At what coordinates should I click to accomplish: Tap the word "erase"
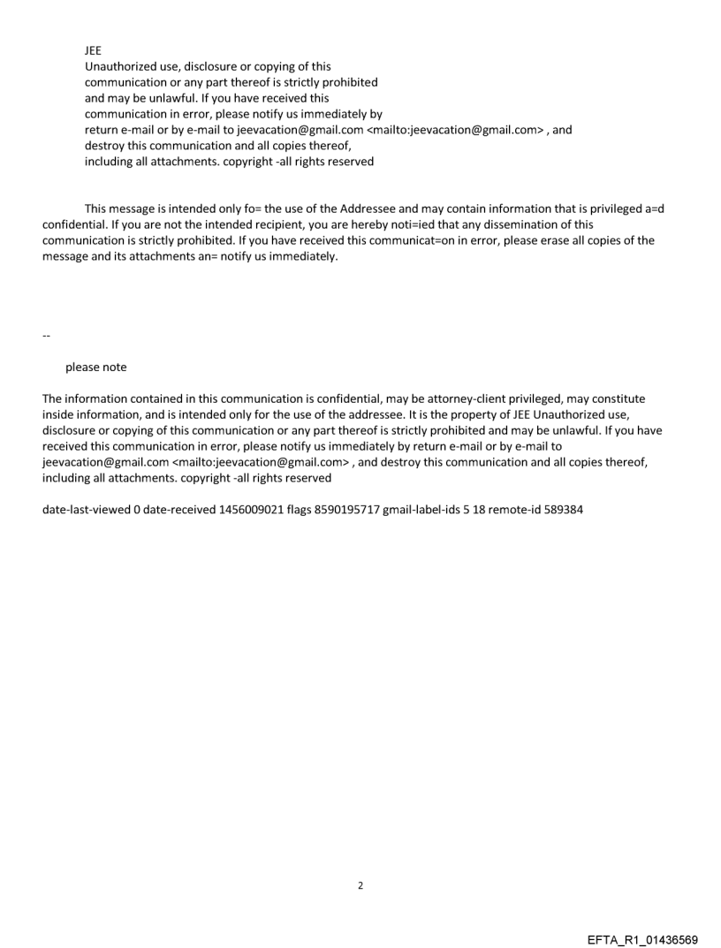(x=517, y=241)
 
